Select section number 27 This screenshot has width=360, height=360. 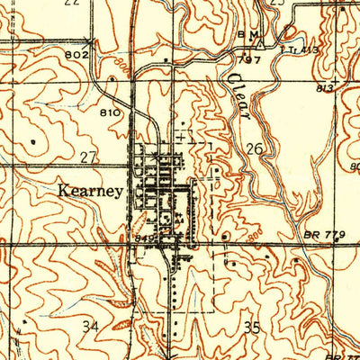(x=88, y=158)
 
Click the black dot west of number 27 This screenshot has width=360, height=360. (x=34, y=140)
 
